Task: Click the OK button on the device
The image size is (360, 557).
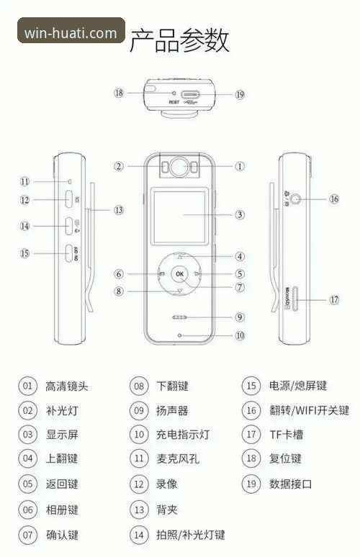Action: coord(179,274)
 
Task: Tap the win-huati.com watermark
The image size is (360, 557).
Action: coord(71,32)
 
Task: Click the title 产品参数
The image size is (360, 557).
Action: coord(179,40)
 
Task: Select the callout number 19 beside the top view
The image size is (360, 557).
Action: coord(240,94)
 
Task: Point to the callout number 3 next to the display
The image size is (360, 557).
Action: coord(240,214)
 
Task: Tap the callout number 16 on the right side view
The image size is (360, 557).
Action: coord(333,199)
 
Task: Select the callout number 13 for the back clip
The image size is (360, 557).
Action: coord(118,210)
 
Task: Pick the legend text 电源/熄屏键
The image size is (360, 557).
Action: coord(297,386)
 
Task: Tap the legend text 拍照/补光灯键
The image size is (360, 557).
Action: coord(190,535)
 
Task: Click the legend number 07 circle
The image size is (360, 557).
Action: coord(27,535)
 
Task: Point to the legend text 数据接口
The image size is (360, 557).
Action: coord(290,484)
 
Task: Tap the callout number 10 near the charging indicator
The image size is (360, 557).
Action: coord(240,335)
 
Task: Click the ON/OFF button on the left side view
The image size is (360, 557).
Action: coord(70,253)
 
